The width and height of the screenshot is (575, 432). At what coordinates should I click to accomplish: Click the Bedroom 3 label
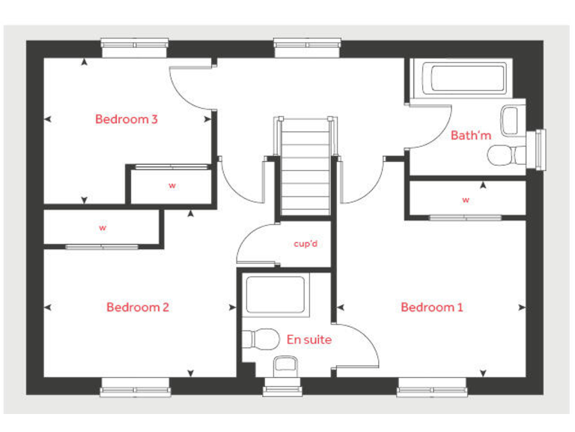tap(126, 118)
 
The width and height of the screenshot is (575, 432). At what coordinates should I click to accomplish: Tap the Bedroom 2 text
tap(137, 307)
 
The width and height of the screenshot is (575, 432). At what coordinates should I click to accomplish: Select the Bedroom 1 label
tap(432, 307)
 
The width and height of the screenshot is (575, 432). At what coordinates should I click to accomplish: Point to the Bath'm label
tap(471, 136)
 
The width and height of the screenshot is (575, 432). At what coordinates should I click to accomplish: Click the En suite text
tap(308, 340)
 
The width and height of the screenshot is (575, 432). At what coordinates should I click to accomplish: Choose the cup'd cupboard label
tap(306, 244)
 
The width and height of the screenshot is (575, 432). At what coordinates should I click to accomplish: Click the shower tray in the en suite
tap(276, 295)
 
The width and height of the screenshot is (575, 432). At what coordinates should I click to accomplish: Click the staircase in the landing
tap(305, 166)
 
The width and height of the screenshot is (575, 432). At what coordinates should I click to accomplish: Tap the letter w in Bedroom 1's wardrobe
tap(465, 200)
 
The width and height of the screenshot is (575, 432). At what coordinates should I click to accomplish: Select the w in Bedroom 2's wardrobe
tap(103, 227)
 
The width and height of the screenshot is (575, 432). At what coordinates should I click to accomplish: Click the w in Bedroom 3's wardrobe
tap(171, 184)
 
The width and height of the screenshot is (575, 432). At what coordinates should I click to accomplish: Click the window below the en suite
tap(283, 388)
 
